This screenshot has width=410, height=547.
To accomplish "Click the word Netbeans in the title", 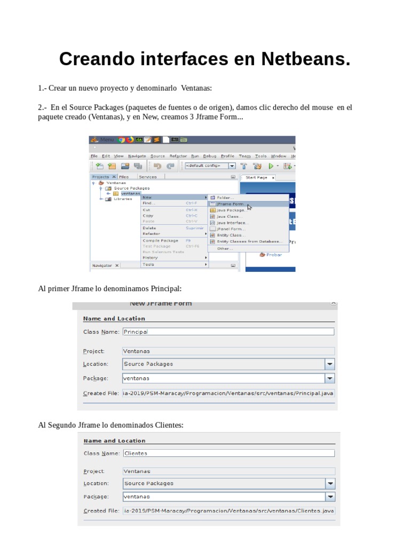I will pos(305,59).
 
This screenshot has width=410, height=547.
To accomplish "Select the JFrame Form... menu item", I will pos(231,204).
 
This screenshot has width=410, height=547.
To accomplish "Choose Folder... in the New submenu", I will pos(225,197).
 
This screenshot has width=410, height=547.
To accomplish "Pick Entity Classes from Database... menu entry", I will pos(248,241).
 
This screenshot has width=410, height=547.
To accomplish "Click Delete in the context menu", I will pos(149,228).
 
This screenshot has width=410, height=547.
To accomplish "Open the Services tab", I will pos(148,177).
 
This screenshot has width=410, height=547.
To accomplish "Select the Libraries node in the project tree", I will pos(122,199).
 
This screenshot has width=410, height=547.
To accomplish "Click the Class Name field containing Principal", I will pos(228,331).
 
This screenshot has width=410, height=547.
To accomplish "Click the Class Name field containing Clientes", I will pos(228,453).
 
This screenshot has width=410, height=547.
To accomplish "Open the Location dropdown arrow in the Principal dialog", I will pos(330,364).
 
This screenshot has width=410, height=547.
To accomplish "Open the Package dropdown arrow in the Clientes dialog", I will pos(330,497).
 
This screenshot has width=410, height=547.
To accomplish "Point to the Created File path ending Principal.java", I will pos(228,393).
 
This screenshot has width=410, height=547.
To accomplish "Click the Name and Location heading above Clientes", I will pos(114,441).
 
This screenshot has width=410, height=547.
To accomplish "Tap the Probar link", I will pos(274,255).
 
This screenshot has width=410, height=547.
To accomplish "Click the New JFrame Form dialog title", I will pos(161,304).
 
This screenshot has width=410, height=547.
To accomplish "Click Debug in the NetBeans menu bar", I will pos(210,156).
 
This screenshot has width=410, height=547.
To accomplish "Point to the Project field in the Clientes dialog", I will pos(228,471).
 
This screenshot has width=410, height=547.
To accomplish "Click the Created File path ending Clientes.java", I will pos(228,511).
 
